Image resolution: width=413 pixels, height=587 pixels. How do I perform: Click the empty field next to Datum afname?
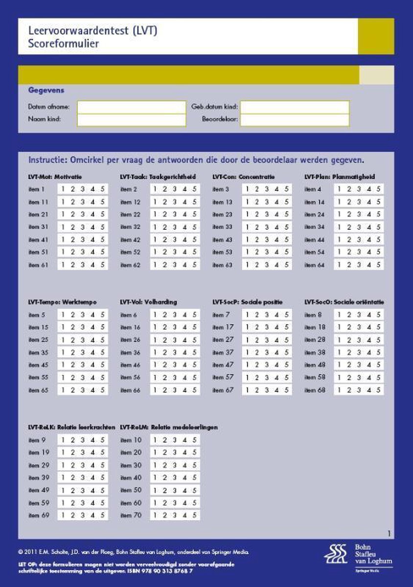(131, 107)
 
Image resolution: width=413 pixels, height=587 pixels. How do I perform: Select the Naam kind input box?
(131, 120)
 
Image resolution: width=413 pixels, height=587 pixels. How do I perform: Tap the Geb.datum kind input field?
(295, 107)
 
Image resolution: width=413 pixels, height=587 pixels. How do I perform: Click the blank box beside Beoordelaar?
(295, 120)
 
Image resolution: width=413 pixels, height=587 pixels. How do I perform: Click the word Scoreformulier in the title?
(64, 44)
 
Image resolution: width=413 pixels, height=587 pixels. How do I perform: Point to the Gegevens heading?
(46, 90)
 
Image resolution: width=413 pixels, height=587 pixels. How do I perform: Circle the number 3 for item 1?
(83, 189)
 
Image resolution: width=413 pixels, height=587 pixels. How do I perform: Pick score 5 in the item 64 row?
(378, 265)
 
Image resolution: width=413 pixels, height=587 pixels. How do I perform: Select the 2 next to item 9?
(73, 440)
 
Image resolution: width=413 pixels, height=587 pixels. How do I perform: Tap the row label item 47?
(223, 365)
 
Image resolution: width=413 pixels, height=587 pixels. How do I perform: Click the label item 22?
(130, 214)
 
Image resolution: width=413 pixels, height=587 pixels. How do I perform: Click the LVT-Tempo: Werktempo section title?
(62, 302)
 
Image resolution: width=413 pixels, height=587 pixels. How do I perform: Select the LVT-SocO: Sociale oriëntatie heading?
(344, 302)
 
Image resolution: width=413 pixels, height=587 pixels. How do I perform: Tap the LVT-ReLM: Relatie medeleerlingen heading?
(169, 428)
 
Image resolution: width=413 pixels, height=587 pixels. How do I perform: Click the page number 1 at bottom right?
(389, 534)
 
